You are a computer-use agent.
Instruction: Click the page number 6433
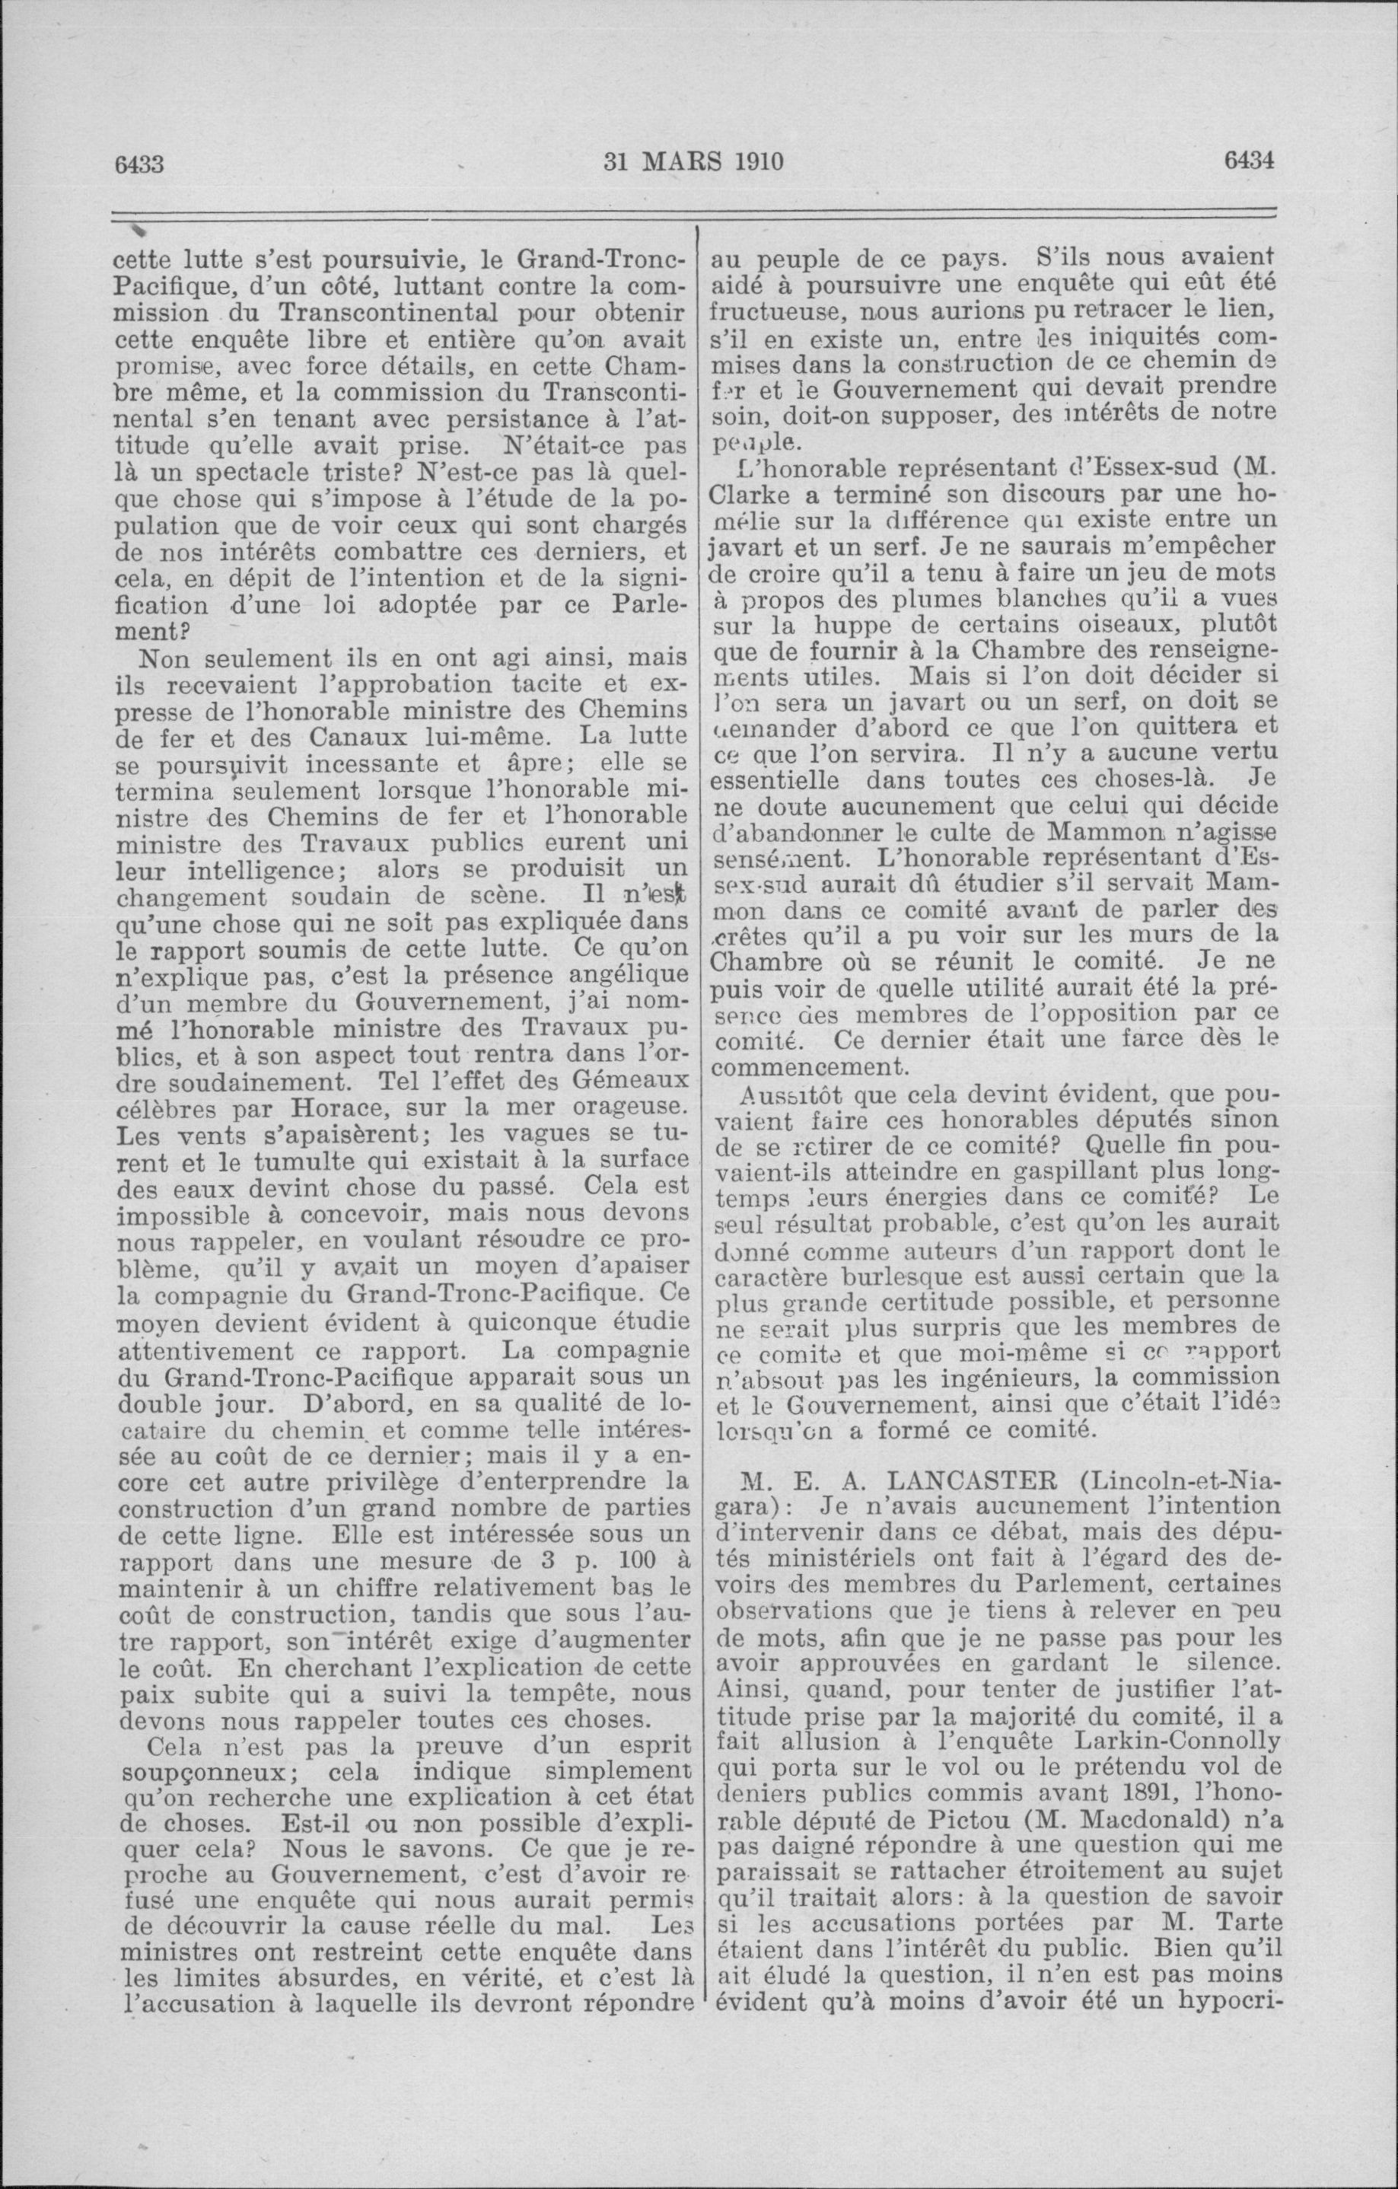139,164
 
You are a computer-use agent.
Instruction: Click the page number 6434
1250,161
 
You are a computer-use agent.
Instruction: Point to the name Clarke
753,497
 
